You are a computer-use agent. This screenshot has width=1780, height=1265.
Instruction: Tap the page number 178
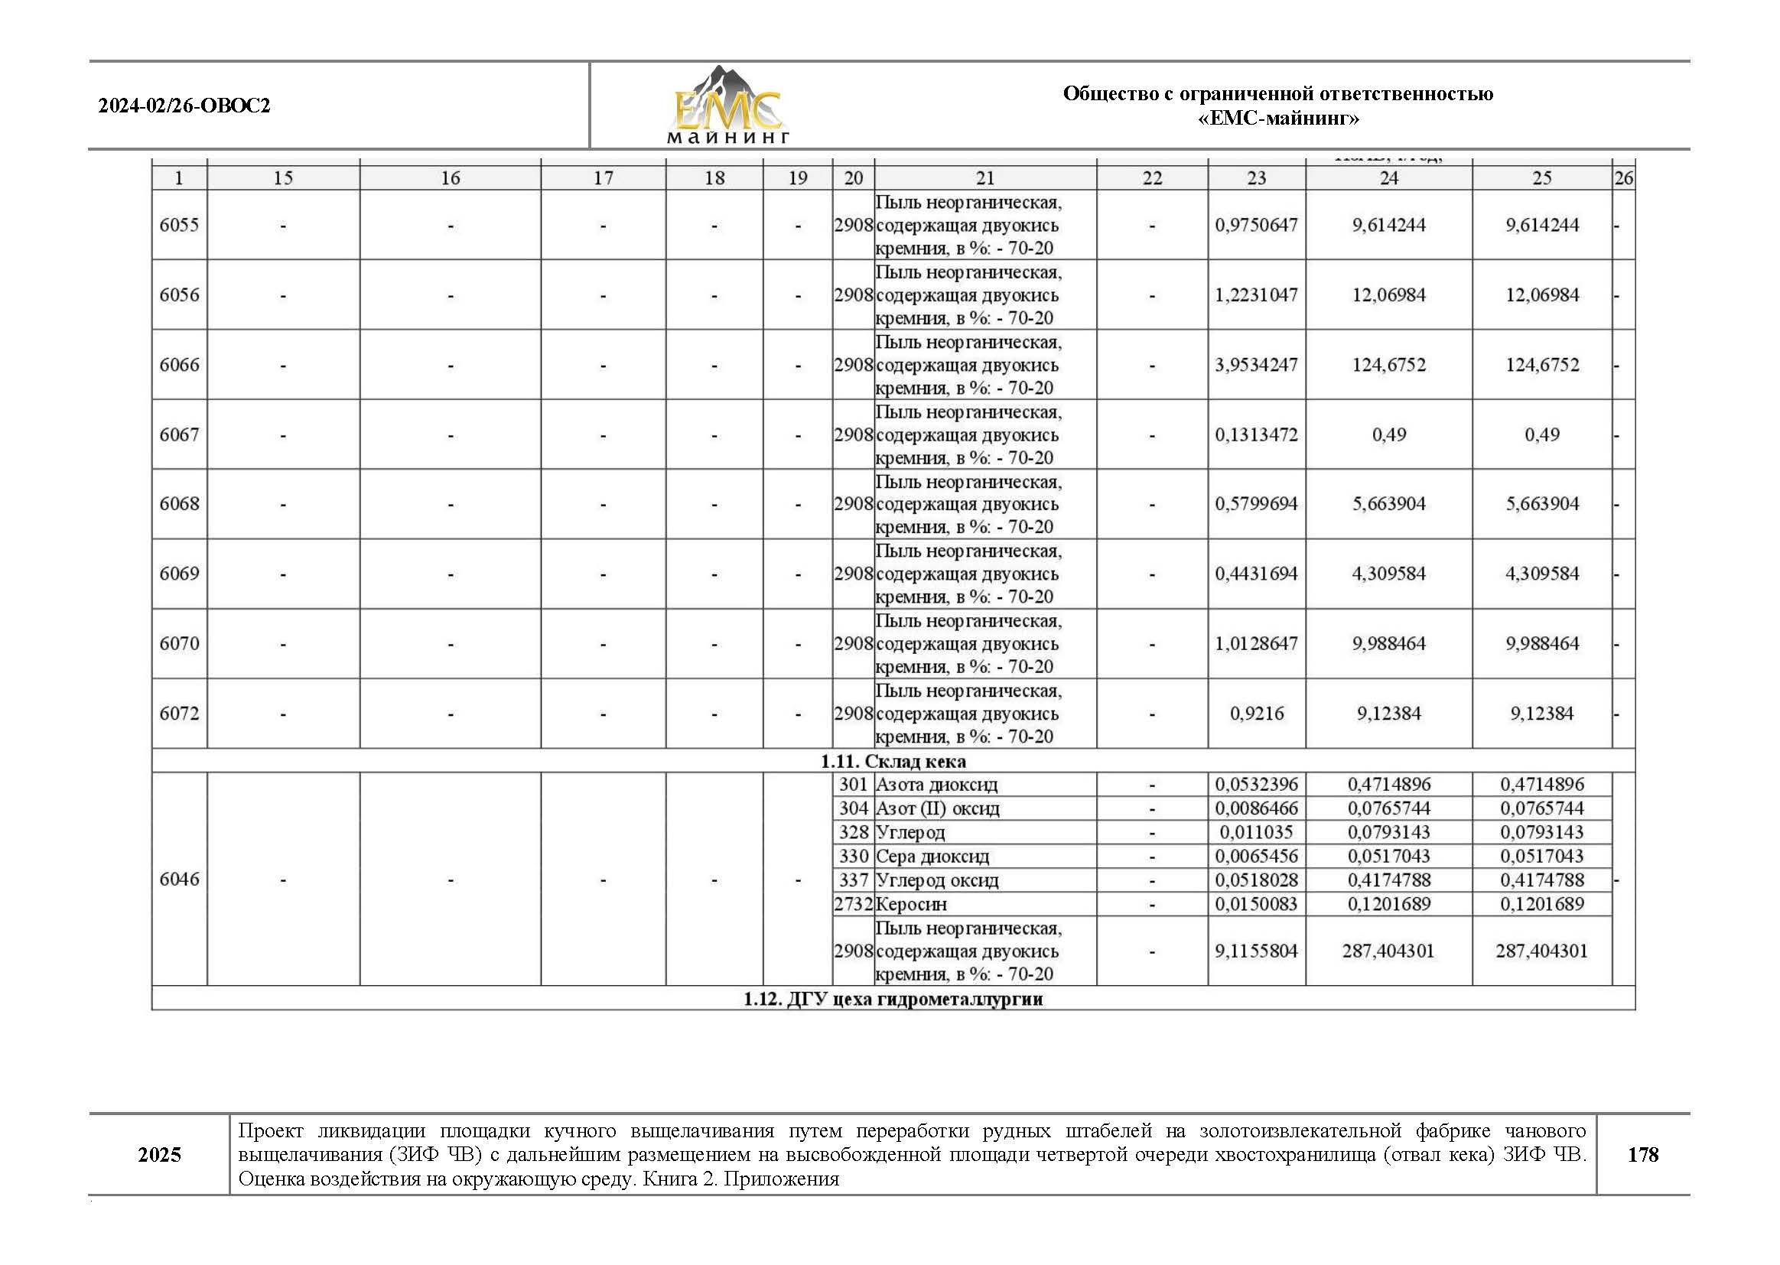click(x=1642, y=1154)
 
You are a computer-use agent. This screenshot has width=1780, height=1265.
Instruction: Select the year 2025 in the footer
click(x=159, y=1154)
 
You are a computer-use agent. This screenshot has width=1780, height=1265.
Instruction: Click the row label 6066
click(x=179, y=365)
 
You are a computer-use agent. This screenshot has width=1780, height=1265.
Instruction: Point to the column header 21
click(x=984, y=178)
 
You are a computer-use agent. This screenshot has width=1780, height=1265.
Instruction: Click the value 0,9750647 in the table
click(x=1256, y=225)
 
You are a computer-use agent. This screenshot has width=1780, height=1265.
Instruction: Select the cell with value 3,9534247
click(x=1256, y=365)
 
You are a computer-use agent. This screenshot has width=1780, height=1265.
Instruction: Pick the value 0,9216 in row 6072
click(x=1256, y=714)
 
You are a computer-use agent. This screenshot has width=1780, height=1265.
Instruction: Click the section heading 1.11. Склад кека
click(x=893, y=761)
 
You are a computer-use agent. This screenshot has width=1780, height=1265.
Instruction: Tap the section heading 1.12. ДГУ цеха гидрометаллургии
click(x=893, y=999)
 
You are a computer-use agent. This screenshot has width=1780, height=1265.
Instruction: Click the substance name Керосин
click(x=912, y=904)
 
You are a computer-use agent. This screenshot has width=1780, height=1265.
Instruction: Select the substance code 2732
click(x=853, y=904)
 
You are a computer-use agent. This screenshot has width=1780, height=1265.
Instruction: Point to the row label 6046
click(x=179, y=880)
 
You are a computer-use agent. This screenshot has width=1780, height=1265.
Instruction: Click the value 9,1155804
click(x=1256, y=951)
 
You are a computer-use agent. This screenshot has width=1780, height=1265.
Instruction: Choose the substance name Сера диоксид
click(x=932, y=857)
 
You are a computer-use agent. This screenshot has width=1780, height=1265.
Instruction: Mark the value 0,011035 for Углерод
click(x=1256, y=833)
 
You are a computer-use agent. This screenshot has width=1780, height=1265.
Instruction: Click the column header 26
click(x=1622, y=178)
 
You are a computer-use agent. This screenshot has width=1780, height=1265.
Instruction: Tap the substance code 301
click(x=853, y=785)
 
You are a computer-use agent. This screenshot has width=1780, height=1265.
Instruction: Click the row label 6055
click(x=179, y=225)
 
